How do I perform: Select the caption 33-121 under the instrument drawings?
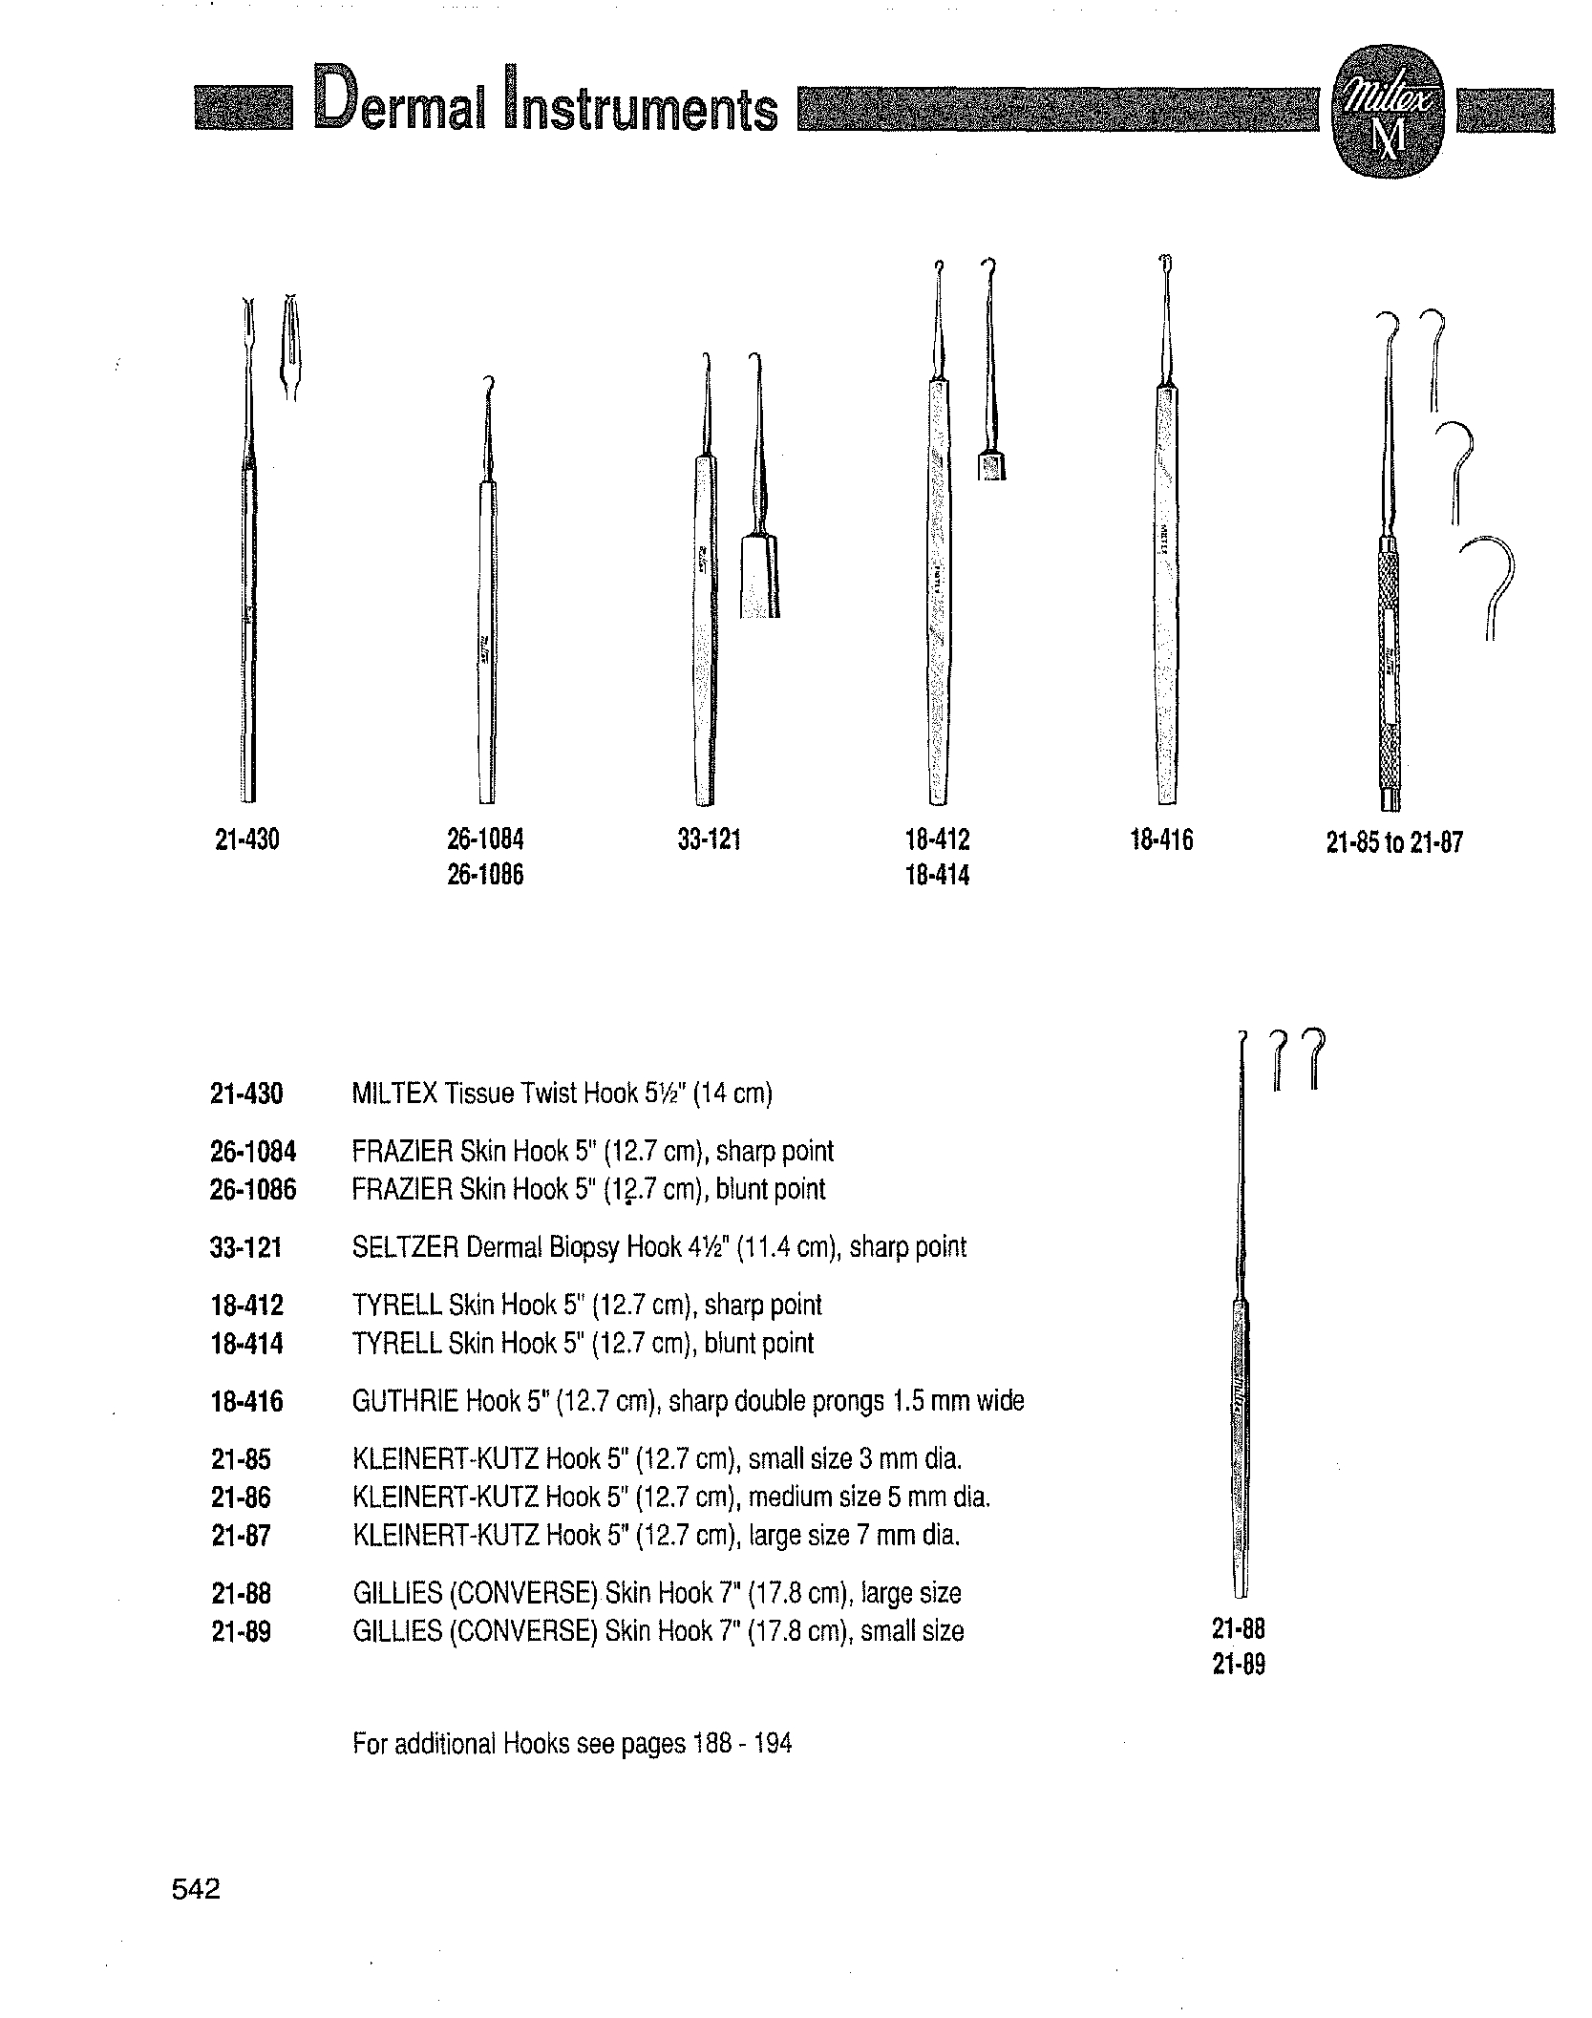coord(709,840)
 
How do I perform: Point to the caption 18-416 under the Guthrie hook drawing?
coord(1161,840)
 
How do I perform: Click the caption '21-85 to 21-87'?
coord(1393,842)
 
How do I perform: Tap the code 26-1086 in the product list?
coord(253,1190)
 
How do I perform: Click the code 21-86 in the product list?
coord(241,1498)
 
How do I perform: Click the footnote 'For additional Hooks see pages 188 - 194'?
coord(571,1744)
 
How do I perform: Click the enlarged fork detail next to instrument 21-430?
coord(290,349)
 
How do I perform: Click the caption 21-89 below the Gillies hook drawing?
coord(1239,1665)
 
